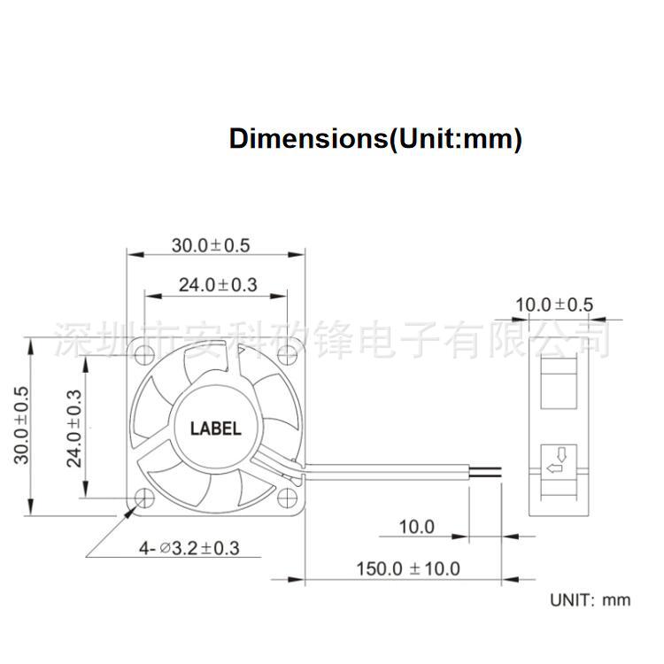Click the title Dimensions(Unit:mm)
click(375, 139)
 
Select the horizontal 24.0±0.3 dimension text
click(217, 285)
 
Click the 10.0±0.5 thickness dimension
click(554, 305)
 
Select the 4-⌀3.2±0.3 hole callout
click(189, 548)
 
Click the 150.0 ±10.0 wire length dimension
click(409, 567)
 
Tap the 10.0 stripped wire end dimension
click(416, 528)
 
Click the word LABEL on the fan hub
click(215, 429)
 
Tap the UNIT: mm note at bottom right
click(591, 599)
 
